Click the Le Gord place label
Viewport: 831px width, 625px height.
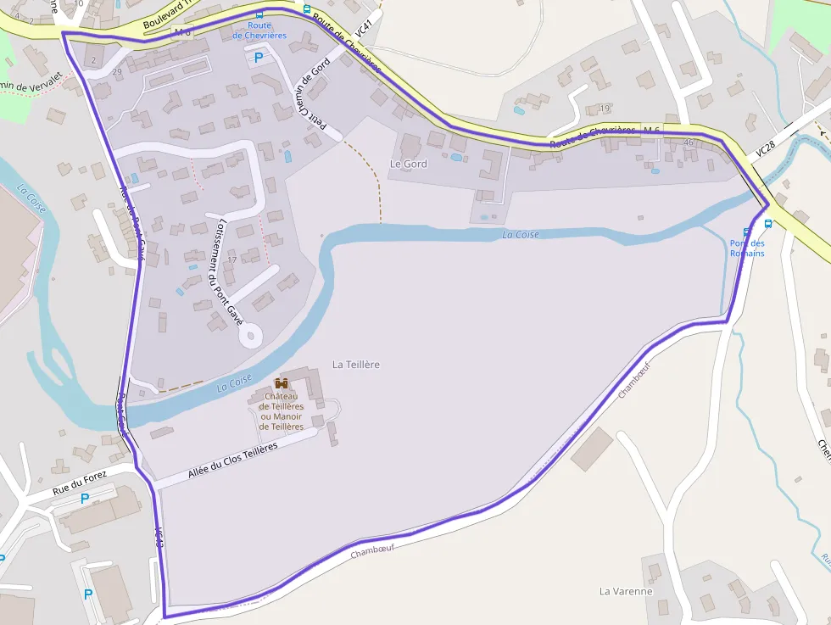408,163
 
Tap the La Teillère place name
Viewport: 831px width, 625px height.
356,364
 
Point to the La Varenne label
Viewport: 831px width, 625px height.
626,590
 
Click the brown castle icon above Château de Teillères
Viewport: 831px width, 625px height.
282,383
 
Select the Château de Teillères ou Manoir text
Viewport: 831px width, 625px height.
282,411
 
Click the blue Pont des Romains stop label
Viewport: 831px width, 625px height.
747,248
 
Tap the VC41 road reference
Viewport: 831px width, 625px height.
363,28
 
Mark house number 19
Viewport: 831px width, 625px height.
604,109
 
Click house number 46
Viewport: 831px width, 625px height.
688,142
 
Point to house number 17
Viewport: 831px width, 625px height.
231,259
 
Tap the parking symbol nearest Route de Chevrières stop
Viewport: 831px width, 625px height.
258,58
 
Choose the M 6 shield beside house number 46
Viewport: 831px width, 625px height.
651,129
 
